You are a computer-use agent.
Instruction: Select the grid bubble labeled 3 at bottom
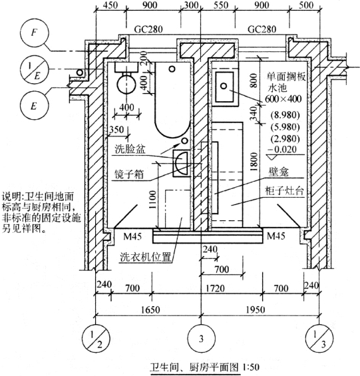point(201,338)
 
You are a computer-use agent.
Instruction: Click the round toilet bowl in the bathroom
point(126,84)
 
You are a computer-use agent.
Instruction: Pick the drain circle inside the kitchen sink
point(224,86)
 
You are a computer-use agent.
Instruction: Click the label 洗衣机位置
point(146,257)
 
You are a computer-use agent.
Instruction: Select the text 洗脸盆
point(130,149)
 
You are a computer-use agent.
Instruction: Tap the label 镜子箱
point(129,174)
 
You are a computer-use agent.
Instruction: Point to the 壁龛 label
point(279,172)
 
